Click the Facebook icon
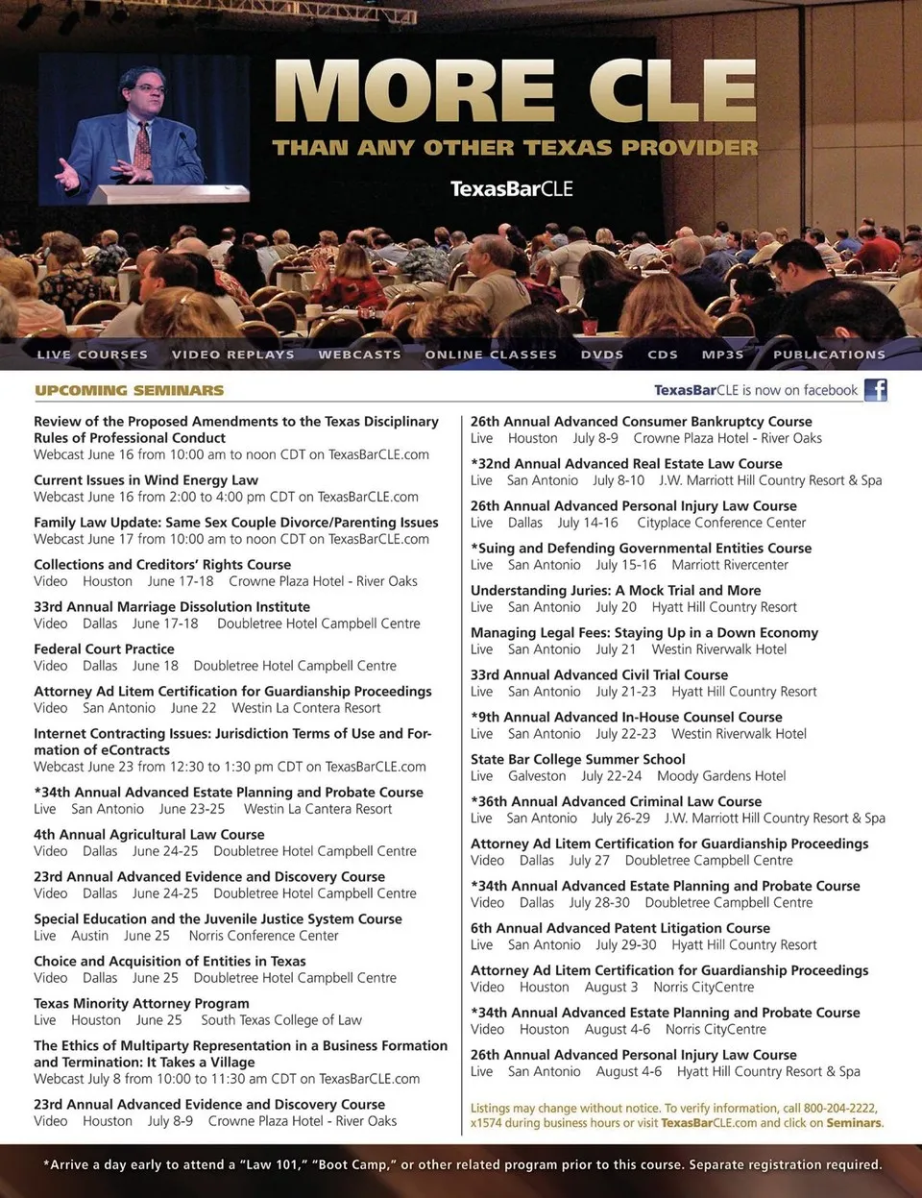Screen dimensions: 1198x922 [875, 389]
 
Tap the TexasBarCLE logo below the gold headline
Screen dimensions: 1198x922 [511, 188]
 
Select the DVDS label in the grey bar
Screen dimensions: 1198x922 [602, 355]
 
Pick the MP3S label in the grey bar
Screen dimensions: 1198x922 [722, 355]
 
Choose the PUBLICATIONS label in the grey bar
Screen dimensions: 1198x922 [829, 355]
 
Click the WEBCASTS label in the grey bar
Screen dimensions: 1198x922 [359, 355]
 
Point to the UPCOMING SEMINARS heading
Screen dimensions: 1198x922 [129, 390]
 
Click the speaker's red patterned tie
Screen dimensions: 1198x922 [143, 144]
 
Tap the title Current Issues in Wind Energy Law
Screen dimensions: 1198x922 [146, 480]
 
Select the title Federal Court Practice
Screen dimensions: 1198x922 [104, 649]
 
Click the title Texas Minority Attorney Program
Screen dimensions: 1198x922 [141, 1004]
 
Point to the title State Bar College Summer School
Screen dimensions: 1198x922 [577, 759]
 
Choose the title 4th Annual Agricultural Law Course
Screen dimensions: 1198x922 [149, 835]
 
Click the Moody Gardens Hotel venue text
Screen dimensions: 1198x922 [721, 776]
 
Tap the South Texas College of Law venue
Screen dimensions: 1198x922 [281, 1020]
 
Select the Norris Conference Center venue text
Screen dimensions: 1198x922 [263, 936]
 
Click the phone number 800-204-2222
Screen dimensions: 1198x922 [839, 1108]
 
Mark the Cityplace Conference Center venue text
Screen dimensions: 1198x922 [721, 523]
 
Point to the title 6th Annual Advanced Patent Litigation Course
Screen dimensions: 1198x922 [620, 928]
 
